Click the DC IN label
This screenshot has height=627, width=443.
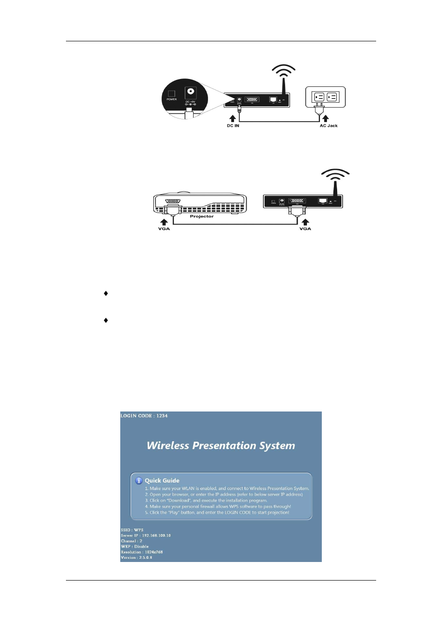coord(233,126)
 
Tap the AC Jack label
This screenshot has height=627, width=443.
coord(328,126)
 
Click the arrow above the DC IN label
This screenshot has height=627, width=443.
coord(233,119)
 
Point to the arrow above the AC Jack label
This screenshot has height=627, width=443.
coord(326,119)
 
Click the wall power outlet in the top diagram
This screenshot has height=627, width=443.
coord(325,97)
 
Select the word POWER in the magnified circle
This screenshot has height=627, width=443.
coord(172,99)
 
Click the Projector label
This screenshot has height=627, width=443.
coord(202,216)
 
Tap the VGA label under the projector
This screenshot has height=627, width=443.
coord(164,229)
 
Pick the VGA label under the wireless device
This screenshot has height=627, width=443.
coord(305,229)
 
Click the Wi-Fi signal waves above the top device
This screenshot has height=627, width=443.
coord(283,71)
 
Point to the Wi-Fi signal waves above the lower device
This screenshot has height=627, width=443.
coord(335,175)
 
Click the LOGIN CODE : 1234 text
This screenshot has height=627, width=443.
coord(144,416)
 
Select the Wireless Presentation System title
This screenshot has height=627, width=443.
coord(221,445)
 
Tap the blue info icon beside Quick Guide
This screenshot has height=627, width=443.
coord(138,481)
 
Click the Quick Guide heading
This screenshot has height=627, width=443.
coord(162,481)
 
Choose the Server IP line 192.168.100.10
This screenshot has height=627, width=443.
coord(146,536)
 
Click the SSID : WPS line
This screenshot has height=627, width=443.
coord(132,530)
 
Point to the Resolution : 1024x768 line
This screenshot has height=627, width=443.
coord(142,552)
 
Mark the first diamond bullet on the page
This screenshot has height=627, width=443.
coord(106,294)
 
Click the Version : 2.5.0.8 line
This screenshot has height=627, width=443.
coord(136,557)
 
